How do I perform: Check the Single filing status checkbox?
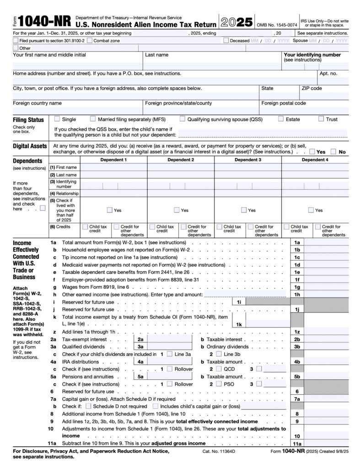click(x=57, y=119)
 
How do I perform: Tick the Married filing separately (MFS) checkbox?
click(x=93, y=119)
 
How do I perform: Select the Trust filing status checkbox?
click(x=321, y=119)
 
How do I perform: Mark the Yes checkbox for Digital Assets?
click(x=312, y=151)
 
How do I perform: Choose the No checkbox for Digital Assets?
click(x=333, y=151)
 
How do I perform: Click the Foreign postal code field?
click(x=304, y=111)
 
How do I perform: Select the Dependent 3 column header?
click(x=248, y=160)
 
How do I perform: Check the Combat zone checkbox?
click(x=90, y=40)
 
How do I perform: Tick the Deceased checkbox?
click(x=226, y=40)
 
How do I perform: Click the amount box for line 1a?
click(x=326, y=243)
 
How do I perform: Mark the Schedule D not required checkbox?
click(x=89, y=406)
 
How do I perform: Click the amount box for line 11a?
click(x=326, y=444)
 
